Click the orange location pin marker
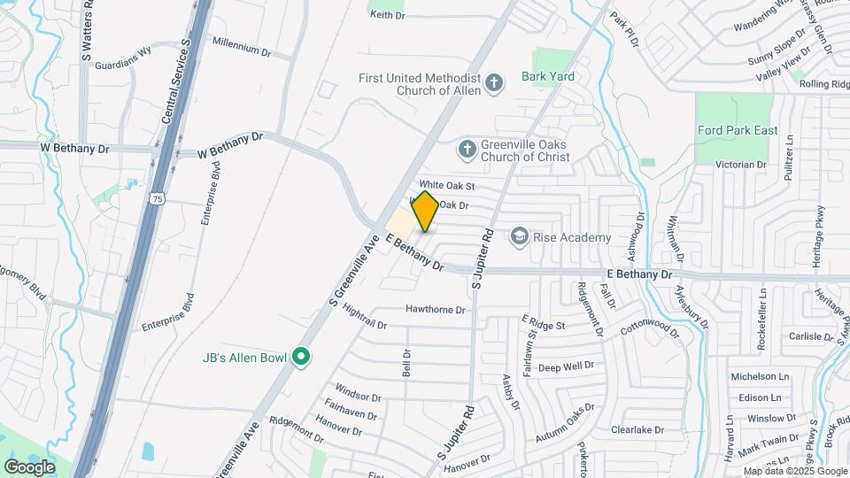click(x=425, y=212)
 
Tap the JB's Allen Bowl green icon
click(x=300, y=357)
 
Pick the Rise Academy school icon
click(x=519, y=236)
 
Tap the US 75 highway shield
click(x=156, y=199)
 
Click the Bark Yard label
click(x=547, y=77)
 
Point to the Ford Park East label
click(x=738, y=130)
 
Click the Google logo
click(x=29, y=466)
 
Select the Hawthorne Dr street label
click(x=436, y=310)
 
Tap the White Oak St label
click(x=447, y=186)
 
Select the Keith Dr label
click(x=386, y=15)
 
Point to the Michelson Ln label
click(x=760, y=377)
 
